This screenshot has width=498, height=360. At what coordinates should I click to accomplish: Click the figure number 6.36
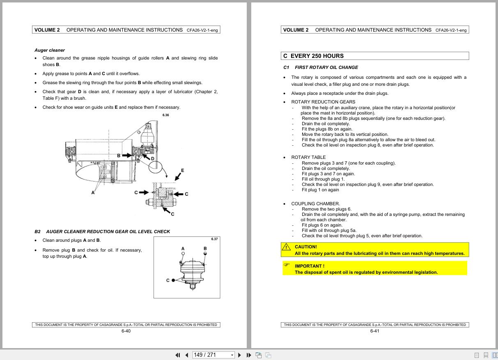coord(165,115)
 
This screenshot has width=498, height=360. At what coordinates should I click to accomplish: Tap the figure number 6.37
coord(214,239)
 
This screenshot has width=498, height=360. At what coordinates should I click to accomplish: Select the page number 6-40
coord(126,331)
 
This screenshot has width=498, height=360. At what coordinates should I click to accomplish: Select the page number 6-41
coord(374,331)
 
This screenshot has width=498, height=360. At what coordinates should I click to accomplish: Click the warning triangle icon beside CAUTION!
coord(286,247)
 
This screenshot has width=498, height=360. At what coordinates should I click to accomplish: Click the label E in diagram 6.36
coord(182,170)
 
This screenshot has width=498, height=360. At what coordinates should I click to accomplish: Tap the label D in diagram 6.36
coord(152,159)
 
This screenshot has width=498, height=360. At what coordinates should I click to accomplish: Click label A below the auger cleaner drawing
coord(93,193)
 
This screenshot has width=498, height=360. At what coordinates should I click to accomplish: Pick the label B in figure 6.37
coord(205,248)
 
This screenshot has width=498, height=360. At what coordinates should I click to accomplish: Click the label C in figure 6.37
coord(168,280)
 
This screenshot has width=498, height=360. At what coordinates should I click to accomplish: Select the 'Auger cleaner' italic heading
coord(49,50)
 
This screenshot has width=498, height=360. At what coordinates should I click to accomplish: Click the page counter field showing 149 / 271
coord(211,355)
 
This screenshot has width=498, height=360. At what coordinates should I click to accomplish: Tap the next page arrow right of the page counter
coord(240,355)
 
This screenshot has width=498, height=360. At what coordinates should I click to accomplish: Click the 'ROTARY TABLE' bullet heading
coord(308,157)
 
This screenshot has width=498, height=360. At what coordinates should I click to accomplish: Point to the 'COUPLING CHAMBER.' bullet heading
coord(315,204)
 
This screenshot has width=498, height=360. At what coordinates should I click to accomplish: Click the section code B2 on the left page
coord(37,232)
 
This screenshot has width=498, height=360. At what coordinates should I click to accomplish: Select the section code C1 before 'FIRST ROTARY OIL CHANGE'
coord(286,67)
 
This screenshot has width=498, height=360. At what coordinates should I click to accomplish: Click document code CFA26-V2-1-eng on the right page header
coord(451,30)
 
